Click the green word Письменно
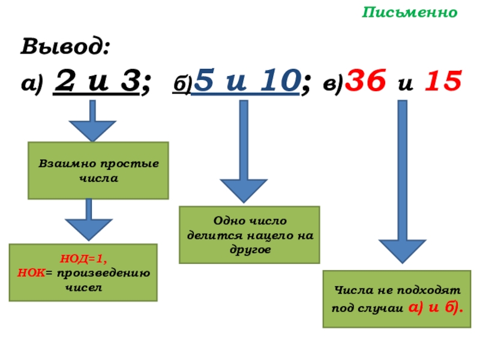[410, 13]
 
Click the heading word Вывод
[65, 46]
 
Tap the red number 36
[367, 81]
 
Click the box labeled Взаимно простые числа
[98, 170]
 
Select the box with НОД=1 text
[83, 272]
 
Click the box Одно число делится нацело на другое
[249, 235]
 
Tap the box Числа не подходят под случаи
[397, 299]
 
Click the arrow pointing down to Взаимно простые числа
[92, 120]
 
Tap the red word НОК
[29, 272]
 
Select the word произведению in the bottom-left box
[115, 272]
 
